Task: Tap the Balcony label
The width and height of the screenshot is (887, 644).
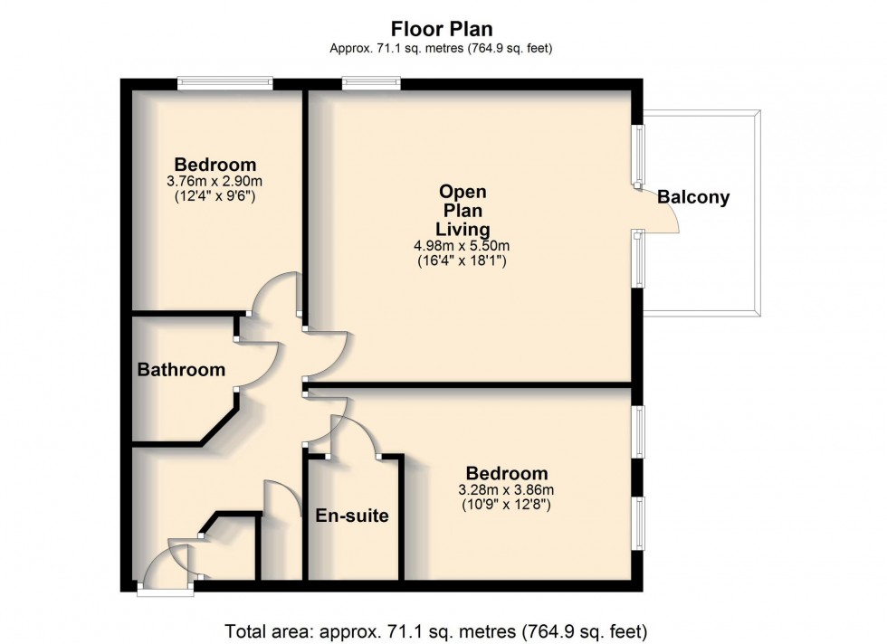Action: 693,197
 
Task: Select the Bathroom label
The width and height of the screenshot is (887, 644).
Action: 181,369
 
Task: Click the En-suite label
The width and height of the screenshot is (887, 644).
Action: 352,516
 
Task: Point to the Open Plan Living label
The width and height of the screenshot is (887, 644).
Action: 463,210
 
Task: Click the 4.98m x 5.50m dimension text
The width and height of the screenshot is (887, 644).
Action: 463,246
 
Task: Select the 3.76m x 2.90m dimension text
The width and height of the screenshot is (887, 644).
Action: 215,181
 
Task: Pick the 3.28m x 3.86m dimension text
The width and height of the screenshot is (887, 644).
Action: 506,490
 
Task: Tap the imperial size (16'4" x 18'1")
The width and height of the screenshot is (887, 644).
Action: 463,262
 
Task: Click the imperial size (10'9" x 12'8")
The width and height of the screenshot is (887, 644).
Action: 506,506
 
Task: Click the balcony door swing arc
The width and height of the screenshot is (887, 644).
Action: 659,212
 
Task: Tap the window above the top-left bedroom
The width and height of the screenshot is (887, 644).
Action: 224,83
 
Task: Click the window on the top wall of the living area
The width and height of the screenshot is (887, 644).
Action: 371,83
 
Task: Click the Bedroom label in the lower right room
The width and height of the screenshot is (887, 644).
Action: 506,473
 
